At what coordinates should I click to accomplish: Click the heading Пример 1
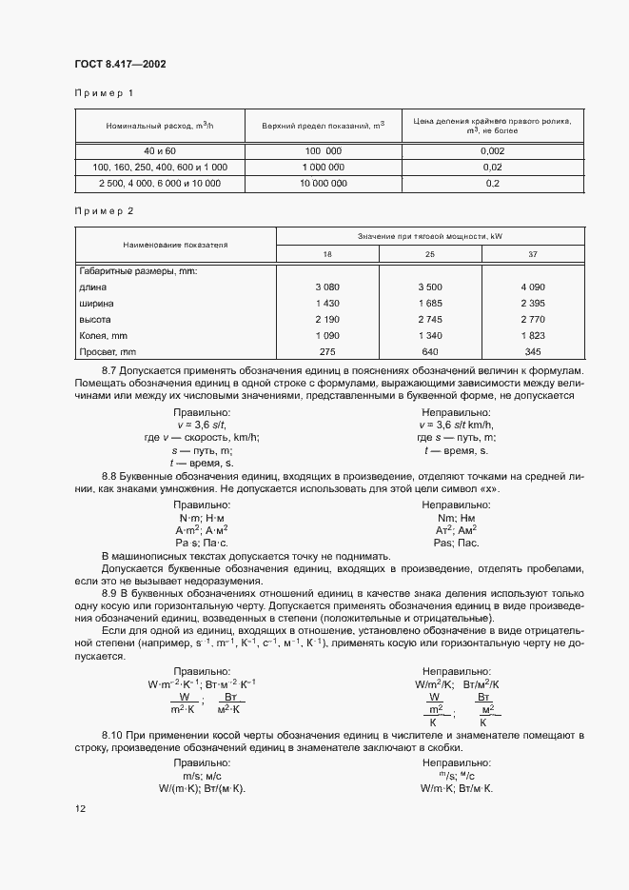(x=105, y=93)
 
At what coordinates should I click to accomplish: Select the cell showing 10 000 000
(x=323, y=182)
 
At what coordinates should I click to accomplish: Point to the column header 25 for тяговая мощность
(x=429, y=254)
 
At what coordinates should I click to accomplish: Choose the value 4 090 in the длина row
(x=532, y=287)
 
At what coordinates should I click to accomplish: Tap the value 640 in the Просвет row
(x=429, y=352)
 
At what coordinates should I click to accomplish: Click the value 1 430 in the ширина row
(x=327, y=303)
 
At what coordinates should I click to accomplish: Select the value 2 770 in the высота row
(x=532, y=320)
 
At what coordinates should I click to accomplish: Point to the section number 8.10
(x=113, y=736)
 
